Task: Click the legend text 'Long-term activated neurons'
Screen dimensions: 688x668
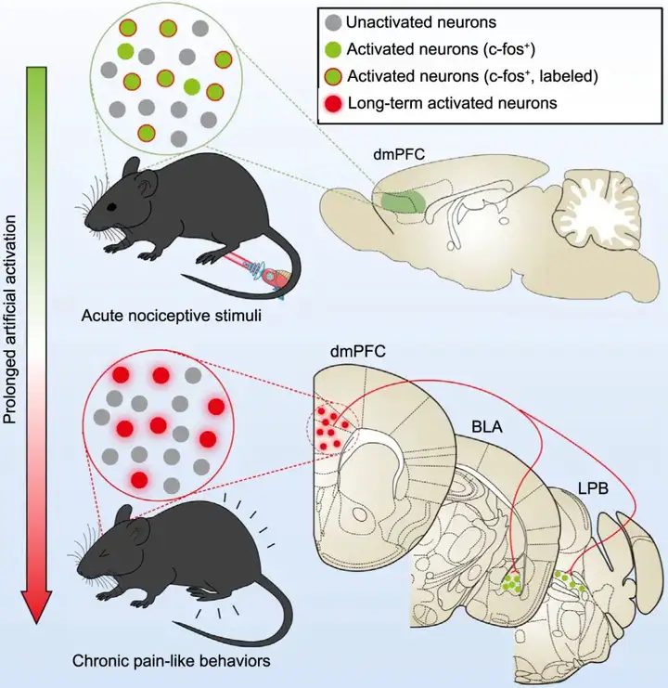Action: tap(452, 103)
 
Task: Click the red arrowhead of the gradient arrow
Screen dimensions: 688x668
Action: tap(36, 604)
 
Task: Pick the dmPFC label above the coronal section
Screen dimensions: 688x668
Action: tap(358, 353)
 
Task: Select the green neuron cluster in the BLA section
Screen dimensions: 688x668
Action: tap(511, 583)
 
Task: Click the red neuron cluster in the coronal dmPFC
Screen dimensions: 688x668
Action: tap(328, 426)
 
